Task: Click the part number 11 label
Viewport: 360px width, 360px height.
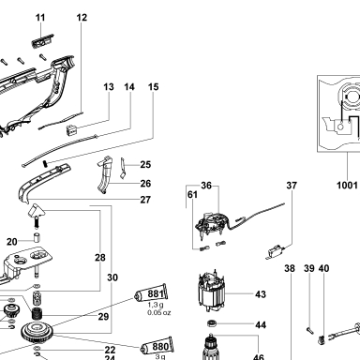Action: (40, 18)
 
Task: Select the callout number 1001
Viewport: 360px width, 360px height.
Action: (347, 185)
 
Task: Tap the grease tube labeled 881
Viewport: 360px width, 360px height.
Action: (151, 293)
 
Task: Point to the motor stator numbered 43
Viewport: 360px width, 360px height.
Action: (211, 292)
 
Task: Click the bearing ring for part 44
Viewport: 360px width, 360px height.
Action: (212, 323)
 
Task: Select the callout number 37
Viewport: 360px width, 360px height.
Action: (292, 186)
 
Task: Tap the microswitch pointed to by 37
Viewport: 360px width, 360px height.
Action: (276, 251)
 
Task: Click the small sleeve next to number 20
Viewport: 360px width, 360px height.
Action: (37, 237)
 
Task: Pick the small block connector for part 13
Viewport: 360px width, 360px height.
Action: (71, 129)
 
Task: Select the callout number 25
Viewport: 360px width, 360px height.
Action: (145, 164)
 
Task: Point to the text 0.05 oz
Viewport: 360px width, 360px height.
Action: (159, 312)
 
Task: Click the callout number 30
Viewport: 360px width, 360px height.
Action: (112, 277)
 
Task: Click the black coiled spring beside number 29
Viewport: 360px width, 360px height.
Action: (37, 313)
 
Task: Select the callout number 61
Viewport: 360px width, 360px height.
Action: (192, 195)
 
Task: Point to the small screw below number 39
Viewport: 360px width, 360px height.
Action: (308, 330)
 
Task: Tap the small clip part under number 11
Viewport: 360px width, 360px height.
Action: (42, 40)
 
